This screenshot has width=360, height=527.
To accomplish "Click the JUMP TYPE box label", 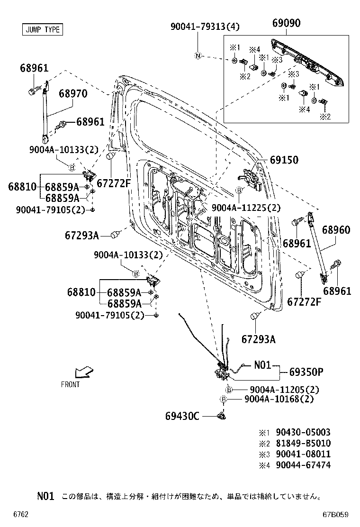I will [42, 29].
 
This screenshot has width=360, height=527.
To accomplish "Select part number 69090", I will [289, 22].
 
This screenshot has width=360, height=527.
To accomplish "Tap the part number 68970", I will [73, 94].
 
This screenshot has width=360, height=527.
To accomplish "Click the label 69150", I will [284, 160].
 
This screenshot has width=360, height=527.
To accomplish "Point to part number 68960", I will [336, 230].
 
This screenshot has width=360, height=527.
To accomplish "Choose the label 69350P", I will [306, 372].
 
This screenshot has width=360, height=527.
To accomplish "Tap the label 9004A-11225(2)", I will [246, 208].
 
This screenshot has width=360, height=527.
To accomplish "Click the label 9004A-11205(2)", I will [282, 390].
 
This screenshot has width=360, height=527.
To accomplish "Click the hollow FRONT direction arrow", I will [84, 372].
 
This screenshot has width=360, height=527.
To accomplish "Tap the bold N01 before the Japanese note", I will [46, 496].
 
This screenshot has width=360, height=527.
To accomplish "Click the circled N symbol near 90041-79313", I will [198, 56].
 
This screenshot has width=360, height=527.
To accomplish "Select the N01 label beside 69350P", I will [262, 365].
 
